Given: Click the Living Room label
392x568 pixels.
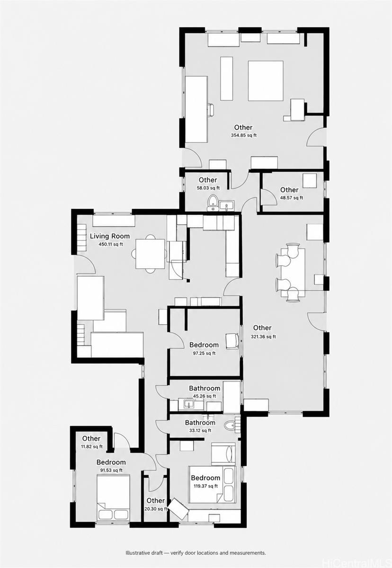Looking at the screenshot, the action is pyautogui.click(x=110, y=236).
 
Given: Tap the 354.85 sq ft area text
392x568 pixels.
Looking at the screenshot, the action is pyautogui.click(x=243, y=135).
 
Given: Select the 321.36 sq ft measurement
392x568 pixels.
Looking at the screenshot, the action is pyautogui.click(x=263, y=337).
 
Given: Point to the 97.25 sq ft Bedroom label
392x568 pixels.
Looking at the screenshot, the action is pyautogui.click(x=204, y=345).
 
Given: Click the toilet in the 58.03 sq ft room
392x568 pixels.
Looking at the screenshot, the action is pyautogui.click(x=212, y=203).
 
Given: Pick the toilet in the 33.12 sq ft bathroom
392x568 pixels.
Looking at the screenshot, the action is pyautogui.click(x=231, y=425).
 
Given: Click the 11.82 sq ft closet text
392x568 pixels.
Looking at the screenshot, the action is pyautogui.click(x=92, y=447).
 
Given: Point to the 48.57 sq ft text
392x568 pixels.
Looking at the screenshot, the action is pyautogui.click(x=291, y=198).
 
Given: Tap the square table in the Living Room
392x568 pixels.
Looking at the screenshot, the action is pyautogui.click(x=151, y=254).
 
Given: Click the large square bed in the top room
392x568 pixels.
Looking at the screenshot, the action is pyautogui.click(x=266, y=81).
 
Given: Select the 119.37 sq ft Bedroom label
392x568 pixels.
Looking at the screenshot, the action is pyautogui.click(x=205, y=478).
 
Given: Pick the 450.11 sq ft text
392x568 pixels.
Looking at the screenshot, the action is pyautogui.click(x=111, y=244).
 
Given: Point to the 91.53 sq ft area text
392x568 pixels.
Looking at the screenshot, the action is pyautogui.click(x=111, y=470).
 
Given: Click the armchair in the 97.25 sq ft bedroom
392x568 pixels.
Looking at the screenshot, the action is pyautogui.click(x=232, y=341).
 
